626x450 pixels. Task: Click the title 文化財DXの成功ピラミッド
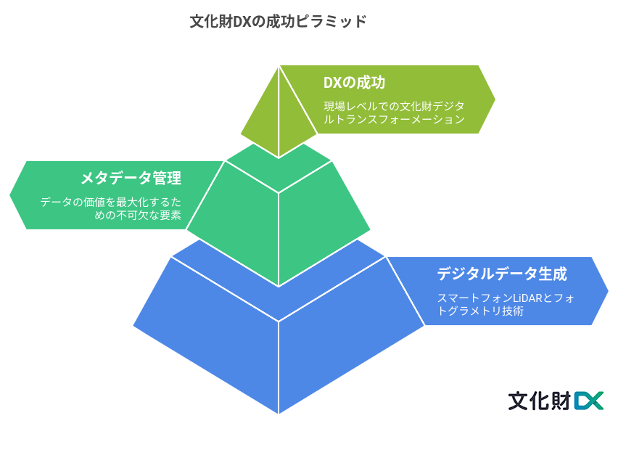pyautogui.click(x=278, y=21)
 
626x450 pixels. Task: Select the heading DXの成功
pyautogui.click(x=354, y=83)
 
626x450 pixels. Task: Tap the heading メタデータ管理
pyautogui.click(x=131, y=178)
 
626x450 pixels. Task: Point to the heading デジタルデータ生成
pyautogui.click(x=502, y=274)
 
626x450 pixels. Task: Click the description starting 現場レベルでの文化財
pyautogui.click(x=394, y=112)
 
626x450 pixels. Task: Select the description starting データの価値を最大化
pyautogui.click(x=110, y=208)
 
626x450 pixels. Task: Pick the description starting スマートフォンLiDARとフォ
pyautogui.click(x=506, y=305)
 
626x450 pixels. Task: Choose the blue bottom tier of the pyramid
pyautogui.click(x=279, y=336)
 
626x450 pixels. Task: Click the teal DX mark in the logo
pyautogui.click(x=588, y=401)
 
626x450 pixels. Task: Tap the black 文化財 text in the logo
pyautogui.click(x=540, y=401)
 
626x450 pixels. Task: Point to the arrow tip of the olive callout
pyautogui.click(x=495, y=99)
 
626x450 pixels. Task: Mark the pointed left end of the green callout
pyautogui.click(x=10, y=195)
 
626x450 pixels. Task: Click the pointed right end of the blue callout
pyautogui.click(x=608, y=291)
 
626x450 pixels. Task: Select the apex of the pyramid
pyautogui.click(x=279, y=66)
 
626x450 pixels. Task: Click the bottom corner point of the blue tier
pyautogui.click(x=279, y=414)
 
